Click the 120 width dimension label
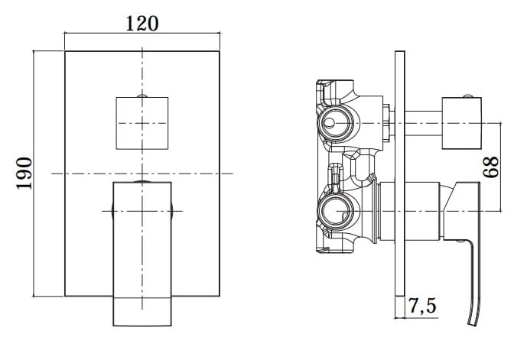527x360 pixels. (x=142, y=24)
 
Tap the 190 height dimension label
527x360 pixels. (x=24, y=174)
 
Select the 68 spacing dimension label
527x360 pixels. (x=491, y=167)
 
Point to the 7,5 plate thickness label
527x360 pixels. (x=422, y=305)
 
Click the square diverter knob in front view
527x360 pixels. (x=142, y=123)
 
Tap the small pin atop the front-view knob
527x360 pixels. (x=142, y=96)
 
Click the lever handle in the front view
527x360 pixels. (x=142, y=254)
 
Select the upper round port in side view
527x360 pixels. (x=336, y=123)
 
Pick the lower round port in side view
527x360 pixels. (x=336, y=212)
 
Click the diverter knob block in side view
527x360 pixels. (x=461, y=123)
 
